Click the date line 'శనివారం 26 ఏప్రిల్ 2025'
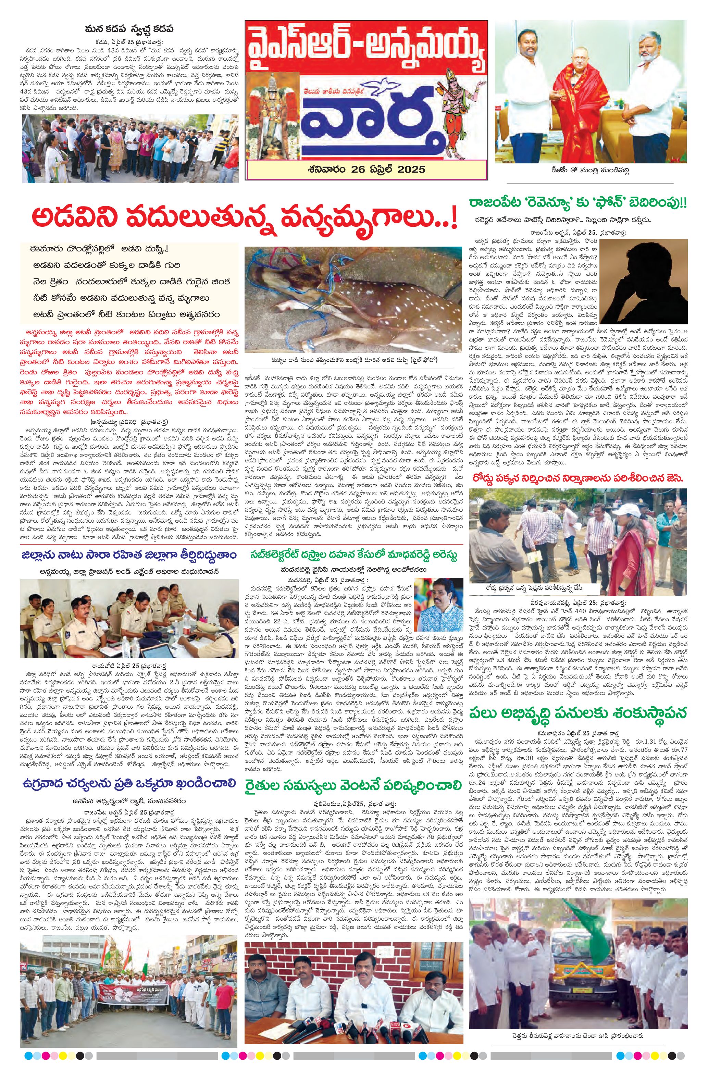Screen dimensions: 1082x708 pos(366,170)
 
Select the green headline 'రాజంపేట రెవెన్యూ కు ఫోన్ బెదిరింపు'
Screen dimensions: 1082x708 pos(577,203)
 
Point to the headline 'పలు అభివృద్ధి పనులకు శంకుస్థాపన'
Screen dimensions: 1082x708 pos(578,713)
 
